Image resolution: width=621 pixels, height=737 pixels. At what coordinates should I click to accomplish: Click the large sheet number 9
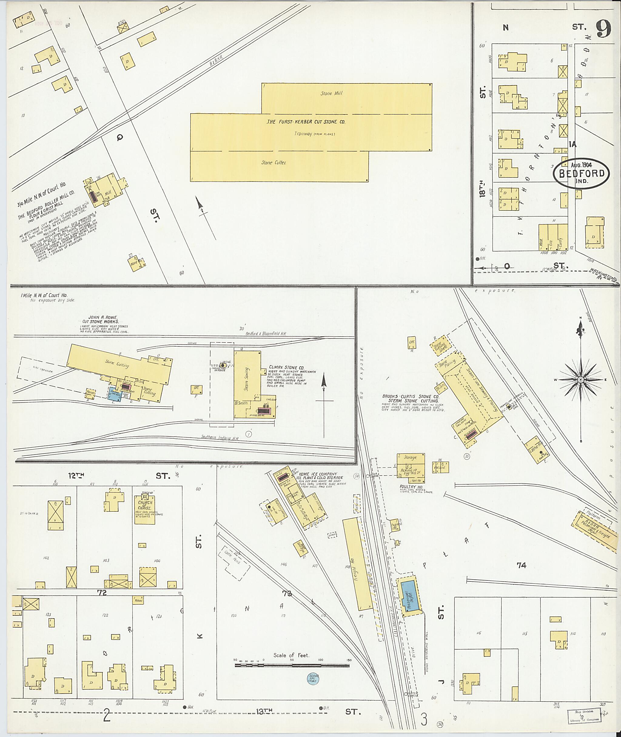[603, 30]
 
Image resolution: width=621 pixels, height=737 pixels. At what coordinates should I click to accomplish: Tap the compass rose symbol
[580, 380]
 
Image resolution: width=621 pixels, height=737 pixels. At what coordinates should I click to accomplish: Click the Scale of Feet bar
[292, 665]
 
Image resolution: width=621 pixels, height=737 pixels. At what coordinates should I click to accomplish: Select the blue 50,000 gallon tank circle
[313, 678]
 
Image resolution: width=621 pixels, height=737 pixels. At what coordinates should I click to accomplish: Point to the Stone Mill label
[331, 93]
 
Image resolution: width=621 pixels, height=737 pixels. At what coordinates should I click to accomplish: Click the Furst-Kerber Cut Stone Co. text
[306, 122]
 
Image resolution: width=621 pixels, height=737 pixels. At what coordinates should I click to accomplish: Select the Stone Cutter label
[274, 163]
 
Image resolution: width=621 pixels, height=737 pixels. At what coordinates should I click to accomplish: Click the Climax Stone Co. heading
[286, 367]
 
